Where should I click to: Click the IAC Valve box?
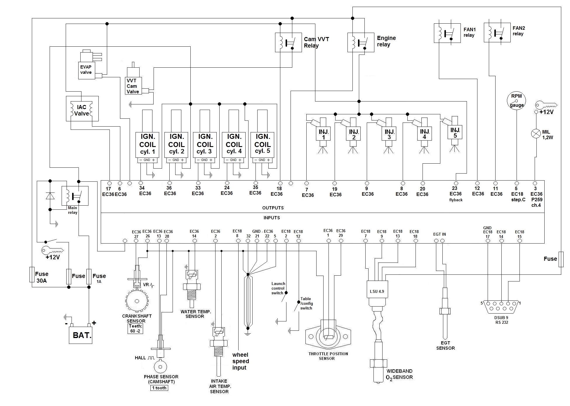[x=82, y=108]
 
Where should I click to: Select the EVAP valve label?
[x=86, y=70]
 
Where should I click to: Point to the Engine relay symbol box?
[x=361, y=43]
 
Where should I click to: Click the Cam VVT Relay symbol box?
[x=288, y=43]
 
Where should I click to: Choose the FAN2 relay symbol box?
[x=497, y=32]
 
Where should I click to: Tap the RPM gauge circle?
[x=516, y=101]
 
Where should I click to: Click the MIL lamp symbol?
[x=536, y=134]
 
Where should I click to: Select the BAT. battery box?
[x=81, y=335]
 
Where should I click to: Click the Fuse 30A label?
[x=41, y=277]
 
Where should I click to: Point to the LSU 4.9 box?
[x=377, y=291]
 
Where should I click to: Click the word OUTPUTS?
[x=273, y=208]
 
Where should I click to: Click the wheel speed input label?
[x=240, y=361]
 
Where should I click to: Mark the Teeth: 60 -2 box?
[x=135, y=328]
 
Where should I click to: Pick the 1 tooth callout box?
[x=159, y=388]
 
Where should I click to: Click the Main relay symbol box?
[x=75, y=196]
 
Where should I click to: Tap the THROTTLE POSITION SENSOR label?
[x=328, y=356]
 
